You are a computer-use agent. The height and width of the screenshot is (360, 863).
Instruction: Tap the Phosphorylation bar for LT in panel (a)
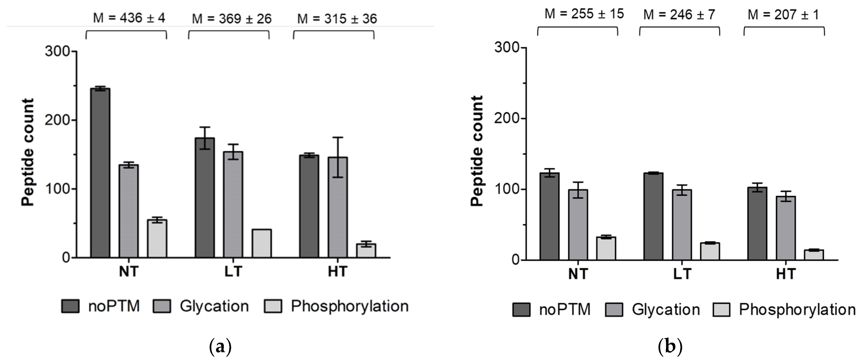262,243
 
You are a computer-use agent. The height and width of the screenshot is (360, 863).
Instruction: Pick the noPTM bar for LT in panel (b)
653,216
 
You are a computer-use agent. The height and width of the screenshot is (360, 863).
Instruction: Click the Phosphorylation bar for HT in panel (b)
814,255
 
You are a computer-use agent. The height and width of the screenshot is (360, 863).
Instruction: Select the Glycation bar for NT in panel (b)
578,225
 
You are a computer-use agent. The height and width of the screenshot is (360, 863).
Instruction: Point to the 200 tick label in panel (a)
57,120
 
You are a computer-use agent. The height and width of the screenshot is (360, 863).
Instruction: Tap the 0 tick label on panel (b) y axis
515,260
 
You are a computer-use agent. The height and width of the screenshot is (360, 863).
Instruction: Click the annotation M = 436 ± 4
129,18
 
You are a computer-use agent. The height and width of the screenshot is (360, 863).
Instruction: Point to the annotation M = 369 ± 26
231,19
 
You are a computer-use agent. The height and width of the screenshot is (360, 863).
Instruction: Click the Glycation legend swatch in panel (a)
162,306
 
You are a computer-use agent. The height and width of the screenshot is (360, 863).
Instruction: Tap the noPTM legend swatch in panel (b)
521,309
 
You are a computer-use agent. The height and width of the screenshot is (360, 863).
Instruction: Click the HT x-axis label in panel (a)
337,272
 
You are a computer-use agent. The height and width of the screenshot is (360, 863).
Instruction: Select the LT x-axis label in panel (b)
682,274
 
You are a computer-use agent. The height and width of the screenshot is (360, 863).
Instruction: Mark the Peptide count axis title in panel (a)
28,153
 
